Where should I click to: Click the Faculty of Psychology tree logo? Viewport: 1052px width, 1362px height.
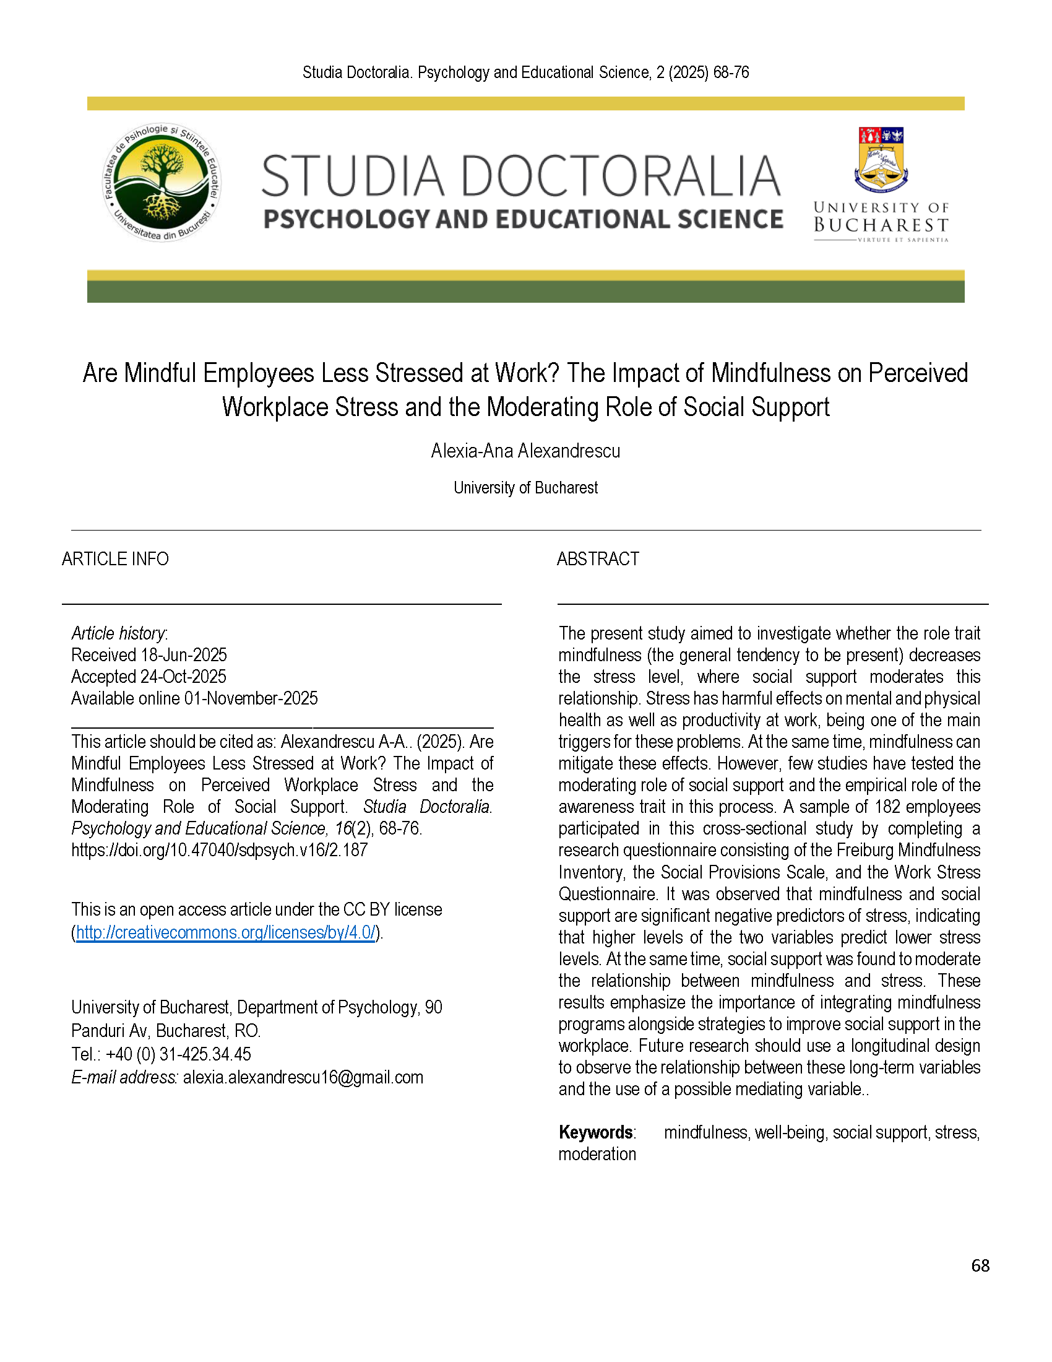click(162, 182)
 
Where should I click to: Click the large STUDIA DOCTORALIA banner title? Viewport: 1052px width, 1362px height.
click(521, 176)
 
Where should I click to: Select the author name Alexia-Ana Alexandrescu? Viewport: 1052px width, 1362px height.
click(525, 451)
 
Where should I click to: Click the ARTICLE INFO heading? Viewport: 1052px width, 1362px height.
click(115, 559)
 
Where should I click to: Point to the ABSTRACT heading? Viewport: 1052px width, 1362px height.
click(598, 559)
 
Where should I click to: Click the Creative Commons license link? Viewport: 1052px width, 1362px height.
click(226, 932)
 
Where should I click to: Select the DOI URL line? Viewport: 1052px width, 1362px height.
click(220, 850)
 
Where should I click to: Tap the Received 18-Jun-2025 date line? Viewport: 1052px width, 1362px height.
click(149, 655)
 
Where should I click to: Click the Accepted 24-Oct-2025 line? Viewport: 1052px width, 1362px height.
click(149, 677)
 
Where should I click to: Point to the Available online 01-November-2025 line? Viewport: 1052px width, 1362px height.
click(194, 698)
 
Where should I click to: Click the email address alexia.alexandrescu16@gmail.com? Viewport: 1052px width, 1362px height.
click(303, 1078)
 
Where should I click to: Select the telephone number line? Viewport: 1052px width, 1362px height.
click(161, 1054)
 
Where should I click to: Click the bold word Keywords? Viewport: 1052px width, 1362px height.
click(596, 1132)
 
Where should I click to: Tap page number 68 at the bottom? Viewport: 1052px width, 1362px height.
click(980, 1265)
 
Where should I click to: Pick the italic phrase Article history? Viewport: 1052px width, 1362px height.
click(118, 633)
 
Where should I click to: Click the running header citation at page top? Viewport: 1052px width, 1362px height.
click(525, 73)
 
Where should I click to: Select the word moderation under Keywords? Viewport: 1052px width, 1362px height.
click(597, 1155)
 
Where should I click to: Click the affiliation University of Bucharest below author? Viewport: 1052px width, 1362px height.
click(525, 488)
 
